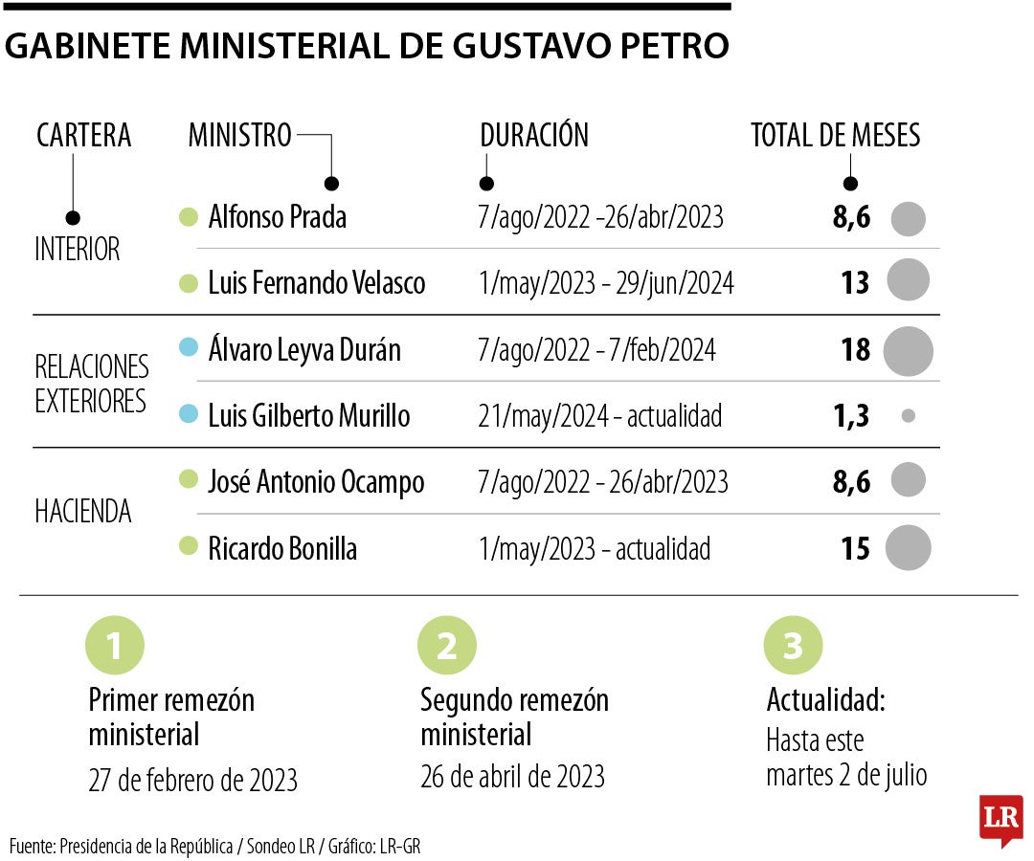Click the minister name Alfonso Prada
[x=277, y=217]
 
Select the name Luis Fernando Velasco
[x=316, y=283]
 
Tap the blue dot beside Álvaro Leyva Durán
[x=189, y=348]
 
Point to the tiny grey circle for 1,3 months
[x=909, y=416]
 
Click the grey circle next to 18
[x=908, y=350]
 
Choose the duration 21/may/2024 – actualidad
[x=600, y=416]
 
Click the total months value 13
[x=855, y=283]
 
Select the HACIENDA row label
[x=83, y=512]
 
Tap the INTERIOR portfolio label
[x=78, y=250]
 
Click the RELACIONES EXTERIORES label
[x=92, y=383]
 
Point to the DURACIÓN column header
[x=534, y=136]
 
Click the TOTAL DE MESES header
[x=835, y=136]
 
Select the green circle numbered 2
[x=446, y=646]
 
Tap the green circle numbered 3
[x=793, y=646]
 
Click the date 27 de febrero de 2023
[x=192, y=781]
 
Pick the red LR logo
[x=1000, y=819]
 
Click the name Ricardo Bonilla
[x=282, y=549]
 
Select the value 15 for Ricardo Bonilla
[x=855, y=549]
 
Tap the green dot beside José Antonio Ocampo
[x=189, y=480]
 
